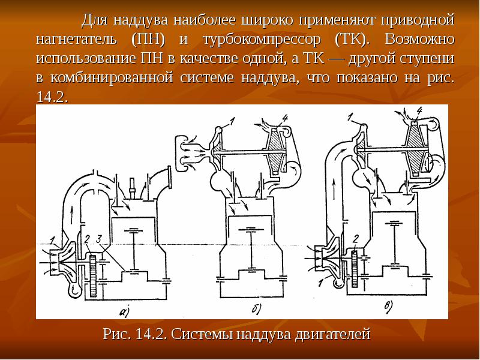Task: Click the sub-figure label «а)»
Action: pos(125,310)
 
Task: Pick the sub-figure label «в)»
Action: pos(388,308)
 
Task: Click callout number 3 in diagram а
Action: pos(101,241)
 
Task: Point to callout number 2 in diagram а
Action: pos(88,240)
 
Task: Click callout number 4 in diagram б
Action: pos(283,118)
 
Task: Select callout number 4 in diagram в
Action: pos(419,110)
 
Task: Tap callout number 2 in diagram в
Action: pos(355,238)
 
